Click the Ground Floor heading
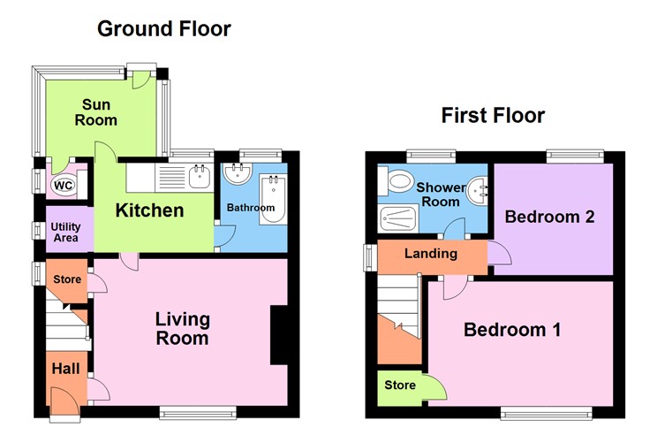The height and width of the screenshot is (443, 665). [163, 28]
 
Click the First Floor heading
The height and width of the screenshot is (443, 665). [493, 115]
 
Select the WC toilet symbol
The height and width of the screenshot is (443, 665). [64, 186]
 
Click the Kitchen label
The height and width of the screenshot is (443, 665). [151, 210]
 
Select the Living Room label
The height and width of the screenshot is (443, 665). [182, 328]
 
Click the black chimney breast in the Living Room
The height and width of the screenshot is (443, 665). [279, 334]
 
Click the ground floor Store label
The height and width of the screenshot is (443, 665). [67, 279]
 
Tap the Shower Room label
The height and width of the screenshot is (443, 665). [438, 195]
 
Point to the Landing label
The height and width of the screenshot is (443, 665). [430, 254]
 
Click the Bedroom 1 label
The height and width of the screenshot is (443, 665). [513, 330]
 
